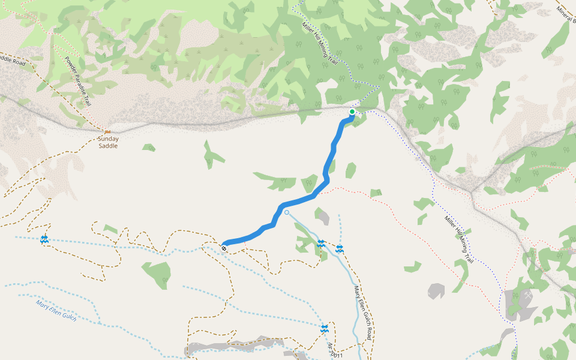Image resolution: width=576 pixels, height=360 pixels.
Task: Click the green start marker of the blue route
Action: (x=352, y=112)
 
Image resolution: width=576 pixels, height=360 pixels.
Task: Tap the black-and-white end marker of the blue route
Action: (x=224, y=247)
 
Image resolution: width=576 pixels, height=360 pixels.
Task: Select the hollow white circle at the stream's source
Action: (x=287, y=212)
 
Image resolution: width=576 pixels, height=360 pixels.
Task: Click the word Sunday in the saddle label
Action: (x=108, y=139)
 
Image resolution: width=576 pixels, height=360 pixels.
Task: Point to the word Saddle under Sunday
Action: (x=108, y=146)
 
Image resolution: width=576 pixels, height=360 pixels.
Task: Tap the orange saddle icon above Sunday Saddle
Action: (x=107, y=131)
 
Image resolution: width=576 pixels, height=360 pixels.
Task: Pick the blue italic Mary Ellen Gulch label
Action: (x=56, y=310)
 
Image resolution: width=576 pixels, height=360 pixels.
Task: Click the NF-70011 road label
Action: (x=335, y=350)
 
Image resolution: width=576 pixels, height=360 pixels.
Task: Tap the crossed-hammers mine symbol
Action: (x=527, y=296)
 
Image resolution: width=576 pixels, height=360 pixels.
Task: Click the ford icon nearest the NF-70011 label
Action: (x=325, y=328)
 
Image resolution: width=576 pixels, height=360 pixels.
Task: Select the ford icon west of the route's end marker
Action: (x=44, y=240)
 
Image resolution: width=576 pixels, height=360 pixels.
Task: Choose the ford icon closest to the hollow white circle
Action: (x=321, y=244)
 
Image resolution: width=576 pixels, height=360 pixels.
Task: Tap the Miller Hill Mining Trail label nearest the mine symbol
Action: (x=460, y=239)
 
